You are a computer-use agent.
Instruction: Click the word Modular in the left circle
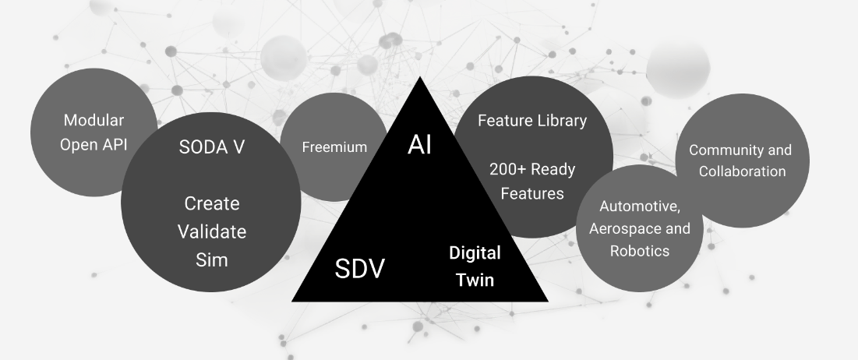click(94, 121)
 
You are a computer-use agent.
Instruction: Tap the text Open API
click(94, 145)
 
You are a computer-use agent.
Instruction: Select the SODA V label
click(211, 147)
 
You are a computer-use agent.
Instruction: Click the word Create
click(211, 203)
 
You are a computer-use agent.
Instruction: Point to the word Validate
click(211, 231)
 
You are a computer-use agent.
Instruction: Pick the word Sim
click(211, 259)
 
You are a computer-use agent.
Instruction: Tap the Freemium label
click(334, 146)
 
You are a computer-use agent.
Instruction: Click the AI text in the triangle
click(419, 144)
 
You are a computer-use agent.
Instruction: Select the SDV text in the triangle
click(360, 269)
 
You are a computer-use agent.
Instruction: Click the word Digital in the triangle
click(475, 253)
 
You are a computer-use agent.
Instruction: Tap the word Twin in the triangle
click(475, 279)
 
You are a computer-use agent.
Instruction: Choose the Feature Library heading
click(531, 121)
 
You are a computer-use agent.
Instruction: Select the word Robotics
click(639, 252)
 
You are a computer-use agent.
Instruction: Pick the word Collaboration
click(742, 171)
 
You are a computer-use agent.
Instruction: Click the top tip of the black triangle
click(419, 79)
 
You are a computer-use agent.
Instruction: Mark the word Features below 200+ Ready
click(531, 193)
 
